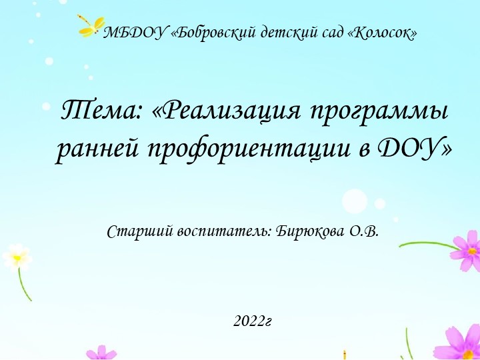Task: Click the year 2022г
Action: pos(253,321)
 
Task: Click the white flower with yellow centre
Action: pos(17,256)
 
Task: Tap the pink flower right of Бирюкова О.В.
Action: pos(468,251)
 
